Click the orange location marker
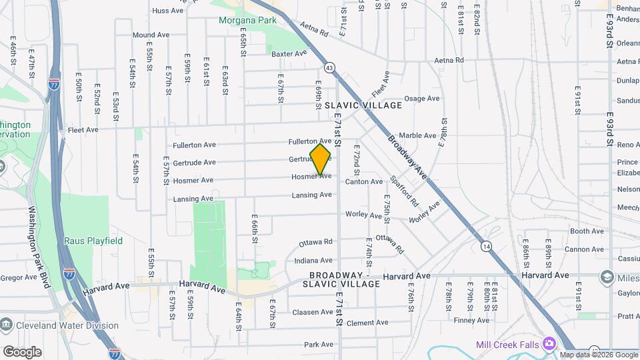coord(321,159)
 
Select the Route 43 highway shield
coord(329,67)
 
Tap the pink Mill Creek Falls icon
coord(550,343)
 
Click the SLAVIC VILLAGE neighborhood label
coord(363,105)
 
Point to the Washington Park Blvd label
coord(39,246)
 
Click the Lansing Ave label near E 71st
coord(311,195)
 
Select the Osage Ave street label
coord(422,99)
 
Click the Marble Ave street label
coord(417,135)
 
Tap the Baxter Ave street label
coord(289,53)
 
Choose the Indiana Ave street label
coord(313,261)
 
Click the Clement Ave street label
coord(367,323)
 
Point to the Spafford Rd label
coord(404,191)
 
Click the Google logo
coord(22,351)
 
